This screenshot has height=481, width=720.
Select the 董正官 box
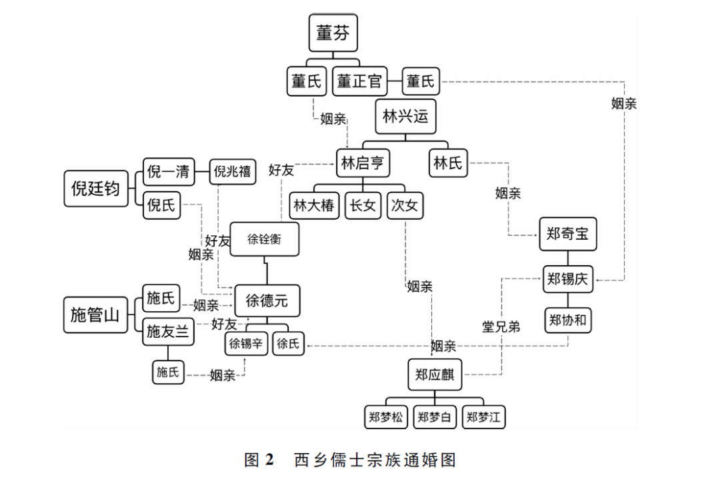pos(359,81)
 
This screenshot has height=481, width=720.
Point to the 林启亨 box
pos(363,163)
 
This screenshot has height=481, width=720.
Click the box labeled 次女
pos(405,205)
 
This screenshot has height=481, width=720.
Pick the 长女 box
pos(364,205)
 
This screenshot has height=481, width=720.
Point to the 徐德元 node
pos(267,300)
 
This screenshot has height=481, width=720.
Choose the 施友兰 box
pos(168,330)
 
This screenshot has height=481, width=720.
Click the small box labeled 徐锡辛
pos(246,344)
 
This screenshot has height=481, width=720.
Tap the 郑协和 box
pos(567,320)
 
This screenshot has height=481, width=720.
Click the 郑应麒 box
pos(434,374)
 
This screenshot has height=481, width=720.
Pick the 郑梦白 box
pos(434,418)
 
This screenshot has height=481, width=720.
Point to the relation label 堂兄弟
pos(501,326)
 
